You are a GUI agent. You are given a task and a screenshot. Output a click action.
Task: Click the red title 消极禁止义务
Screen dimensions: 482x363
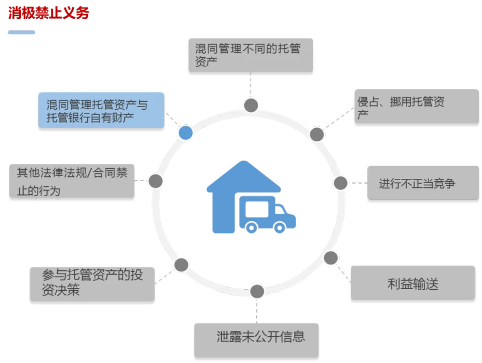pyautogui.click(x=49, y=13)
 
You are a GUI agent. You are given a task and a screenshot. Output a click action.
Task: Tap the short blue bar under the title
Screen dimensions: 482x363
pyautogui.click(x=21, y=32)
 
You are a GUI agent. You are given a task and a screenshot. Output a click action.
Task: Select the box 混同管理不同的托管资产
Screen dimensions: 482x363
pyautogui.click(x=251, y=55)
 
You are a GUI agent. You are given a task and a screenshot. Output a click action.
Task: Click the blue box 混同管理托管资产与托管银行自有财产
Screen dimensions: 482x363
pyautogui.click(x=101, y=110)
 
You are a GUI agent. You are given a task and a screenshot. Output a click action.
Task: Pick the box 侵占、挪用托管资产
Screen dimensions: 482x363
pyautogui.click(x=417, y=107)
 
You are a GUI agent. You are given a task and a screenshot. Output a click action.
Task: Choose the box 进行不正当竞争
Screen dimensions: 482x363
pyautogui.click(x=423, y=183)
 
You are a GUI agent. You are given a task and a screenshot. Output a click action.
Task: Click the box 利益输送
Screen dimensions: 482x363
pyautogui.click(x=413, y=283)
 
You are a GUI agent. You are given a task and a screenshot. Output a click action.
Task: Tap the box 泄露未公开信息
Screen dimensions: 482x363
pyautogui.click(x=256, y=341)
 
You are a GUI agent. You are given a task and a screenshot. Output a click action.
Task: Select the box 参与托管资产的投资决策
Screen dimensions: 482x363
pyautogui.click(x=92, y=284)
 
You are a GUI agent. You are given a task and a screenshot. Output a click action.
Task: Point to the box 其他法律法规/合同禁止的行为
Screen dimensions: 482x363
pyautogui.click(x=72, y=181)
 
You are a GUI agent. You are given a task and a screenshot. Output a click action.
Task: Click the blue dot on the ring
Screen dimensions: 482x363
pyautogui.click(x=186, y=133)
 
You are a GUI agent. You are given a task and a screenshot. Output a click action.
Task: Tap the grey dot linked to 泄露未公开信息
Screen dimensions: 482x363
pyautogui.click(x=257, y=291)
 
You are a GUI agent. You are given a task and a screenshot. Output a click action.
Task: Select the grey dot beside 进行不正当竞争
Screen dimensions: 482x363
pyautogui.click(x=340, y=183)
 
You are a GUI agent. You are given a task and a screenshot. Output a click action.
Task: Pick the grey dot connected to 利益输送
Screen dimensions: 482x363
pyautogui.click(x=331, y=258)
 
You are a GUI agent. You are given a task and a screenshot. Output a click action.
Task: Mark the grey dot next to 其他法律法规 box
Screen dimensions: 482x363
pyautogui.click(x=155, y=181)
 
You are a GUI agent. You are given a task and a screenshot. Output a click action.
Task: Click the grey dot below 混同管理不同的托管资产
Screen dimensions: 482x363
pyautogui.click(x=251, y=105)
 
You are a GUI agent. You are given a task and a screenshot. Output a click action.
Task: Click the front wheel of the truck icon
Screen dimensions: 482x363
pyautogui.click(x=279, y=228)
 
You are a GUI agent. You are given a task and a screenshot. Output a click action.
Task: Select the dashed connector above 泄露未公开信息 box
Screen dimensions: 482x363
pyautogui.click(x=257, y=311)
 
